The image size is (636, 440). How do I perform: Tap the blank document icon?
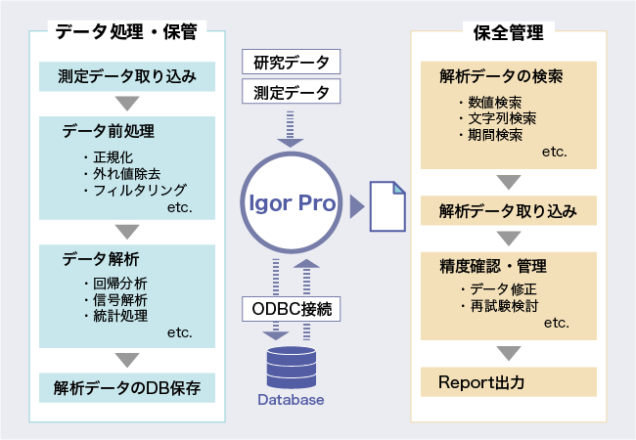[387, 206]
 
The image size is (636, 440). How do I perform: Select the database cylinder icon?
[292, 368]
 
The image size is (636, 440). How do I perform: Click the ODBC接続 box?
[291, 309]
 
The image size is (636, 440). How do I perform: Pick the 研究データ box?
[291, 62]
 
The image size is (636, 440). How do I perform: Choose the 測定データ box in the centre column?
[291, 92]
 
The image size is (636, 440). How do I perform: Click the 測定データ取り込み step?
[127, 76]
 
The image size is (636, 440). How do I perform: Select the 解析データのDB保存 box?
[127, 388]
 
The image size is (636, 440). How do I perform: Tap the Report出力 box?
[509, 382]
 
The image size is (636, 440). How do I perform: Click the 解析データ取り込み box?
[509, 210]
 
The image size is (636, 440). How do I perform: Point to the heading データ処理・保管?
[126, 31]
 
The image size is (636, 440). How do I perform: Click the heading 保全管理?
[509, 32]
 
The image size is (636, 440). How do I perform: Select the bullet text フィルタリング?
[140, 190]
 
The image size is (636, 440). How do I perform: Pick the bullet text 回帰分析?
[120, 284]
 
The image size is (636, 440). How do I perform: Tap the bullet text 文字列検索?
[502, 118]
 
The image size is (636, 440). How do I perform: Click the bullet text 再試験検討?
[504, 306]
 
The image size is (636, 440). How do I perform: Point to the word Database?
[291, 400]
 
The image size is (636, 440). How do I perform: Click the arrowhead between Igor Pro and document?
[357, 206]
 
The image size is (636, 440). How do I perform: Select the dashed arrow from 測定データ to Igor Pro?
[290, 129]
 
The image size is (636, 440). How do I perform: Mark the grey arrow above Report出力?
[509, 353]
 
